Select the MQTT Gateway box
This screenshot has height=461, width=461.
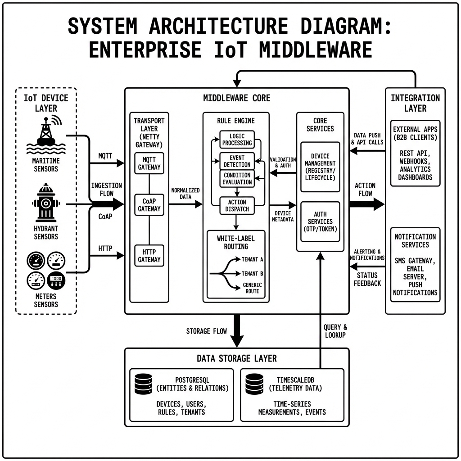point(149,163)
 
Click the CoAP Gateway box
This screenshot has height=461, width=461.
point(149,205)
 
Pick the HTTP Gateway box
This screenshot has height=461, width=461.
point(149,256)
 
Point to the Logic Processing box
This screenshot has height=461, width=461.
point(237,140)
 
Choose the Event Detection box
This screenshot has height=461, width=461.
point(237,161)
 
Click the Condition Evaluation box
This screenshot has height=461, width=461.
point(237,179)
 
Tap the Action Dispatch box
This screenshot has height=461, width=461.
point(237,205)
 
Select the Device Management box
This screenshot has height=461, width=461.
point(320,167)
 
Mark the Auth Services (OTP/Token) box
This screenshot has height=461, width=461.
point(320,221)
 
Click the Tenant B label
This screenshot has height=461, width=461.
point(253,273)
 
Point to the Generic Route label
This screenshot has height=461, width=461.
point(252,288)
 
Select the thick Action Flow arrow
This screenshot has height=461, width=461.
point(366,204)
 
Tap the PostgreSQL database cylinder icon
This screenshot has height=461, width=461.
point(143,383)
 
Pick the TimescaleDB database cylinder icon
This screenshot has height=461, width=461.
point(254,383)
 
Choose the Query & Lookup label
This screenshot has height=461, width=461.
point(335,331)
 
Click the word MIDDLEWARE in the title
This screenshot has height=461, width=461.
point(316,50)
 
